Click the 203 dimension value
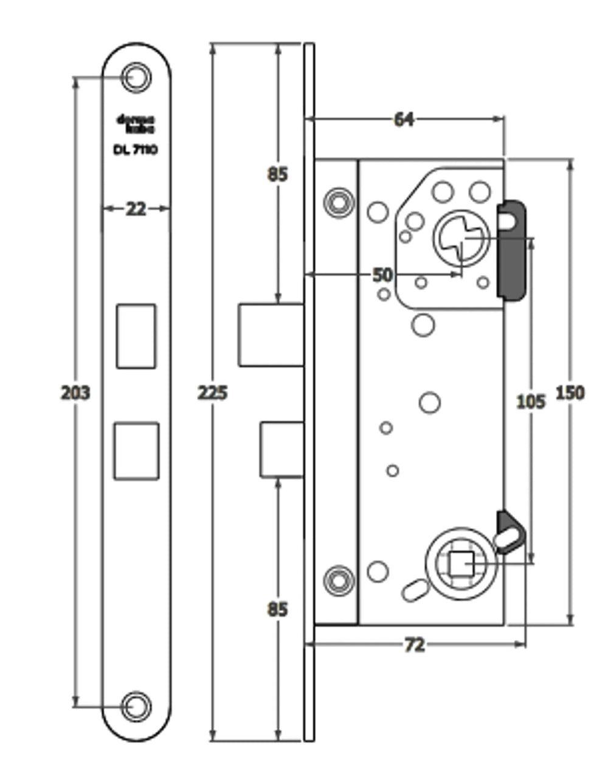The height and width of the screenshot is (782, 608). (75, 393)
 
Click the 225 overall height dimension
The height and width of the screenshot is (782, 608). (212, 393)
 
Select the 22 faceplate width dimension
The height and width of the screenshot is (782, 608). (136, 209)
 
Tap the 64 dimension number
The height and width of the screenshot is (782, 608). (404, 119)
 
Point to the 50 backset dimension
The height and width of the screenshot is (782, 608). (382, 274)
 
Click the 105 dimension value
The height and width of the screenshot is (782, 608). (530, 401)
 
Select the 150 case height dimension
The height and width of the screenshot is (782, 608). (570, 393)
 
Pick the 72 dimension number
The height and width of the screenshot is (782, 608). (414, 644)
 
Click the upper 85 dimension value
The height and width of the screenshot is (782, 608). (277, 174)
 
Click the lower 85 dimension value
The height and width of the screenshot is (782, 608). (277, 609)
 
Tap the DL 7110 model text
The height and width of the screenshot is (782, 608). (136, 149)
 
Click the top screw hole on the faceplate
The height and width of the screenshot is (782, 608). (136, 77)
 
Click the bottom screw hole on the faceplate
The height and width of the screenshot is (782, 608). (136, 707)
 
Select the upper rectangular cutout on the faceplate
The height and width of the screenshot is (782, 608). (136, 336)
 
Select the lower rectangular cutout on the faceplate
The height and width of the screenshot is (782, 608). (136, 450)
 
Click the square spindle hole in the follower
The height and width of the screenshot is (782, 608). (461, 565)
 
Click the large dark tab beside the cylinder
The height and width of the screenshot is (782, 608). (512, 250)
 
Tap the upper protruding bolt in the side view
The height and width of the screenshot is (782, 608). (271, 335)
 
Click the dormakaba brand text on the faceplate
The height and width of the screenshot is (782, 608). (136, 124)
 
